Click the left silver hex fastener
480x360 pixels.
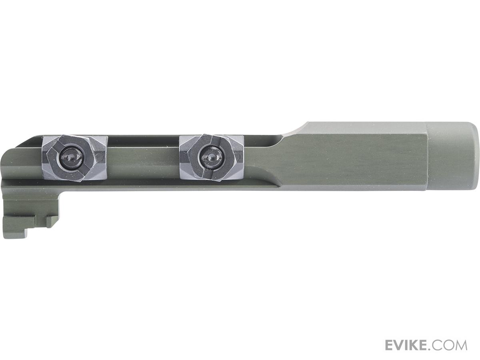(x=74, y=158)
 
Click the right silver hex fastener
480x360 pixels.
(x=211, y=157)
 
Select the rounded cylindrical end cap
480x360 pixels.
(x=453, y=156)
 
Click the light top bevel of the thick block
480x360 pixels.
(x=360, y=128)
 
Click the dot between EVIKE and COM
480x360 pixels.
(x=432, y=349)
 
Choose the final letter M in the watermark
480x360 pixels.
(x=461, y=345)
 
